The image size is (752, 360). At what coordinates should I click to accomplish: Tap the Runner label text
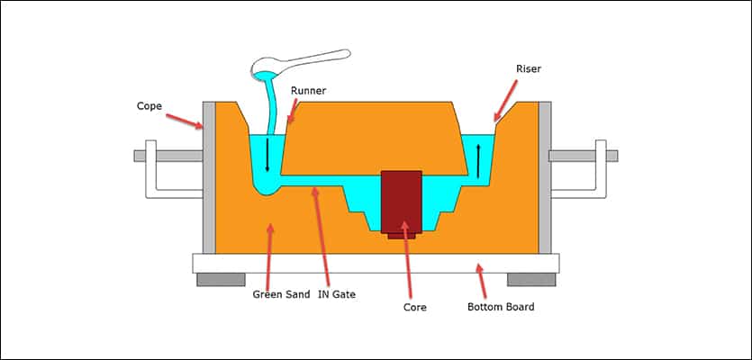pos(310,90)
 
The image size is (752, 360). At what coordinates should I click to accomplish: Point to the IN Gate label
pos(338,294)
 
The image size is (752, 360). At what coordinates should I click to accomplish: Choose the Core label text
pos(414,307)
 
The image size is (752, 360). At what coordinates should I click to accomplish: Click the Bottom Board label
pos(501,307)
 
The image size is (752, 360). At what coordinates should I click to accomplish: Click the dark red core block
pos(402,202)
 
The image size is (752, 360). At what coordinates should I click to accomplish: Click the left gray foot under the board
pos(221,279)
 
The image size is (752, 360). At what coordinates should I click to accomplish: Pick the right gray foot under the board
pos(530,279)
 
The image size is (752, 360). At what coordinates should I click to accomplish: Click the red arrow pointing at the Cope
pos(187,120)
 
